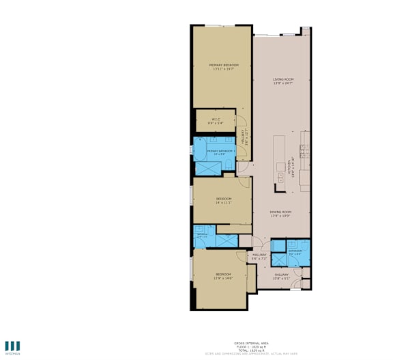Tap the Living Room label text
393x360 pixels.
click(282, 80)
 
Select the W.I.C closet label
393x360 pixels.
click(214, 120)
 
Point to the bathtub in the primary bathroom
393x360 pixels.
click(205, 167)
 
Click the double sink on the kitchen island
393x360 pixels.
click(280, 167)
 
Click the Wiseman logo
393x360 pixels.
click(12, 347)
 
